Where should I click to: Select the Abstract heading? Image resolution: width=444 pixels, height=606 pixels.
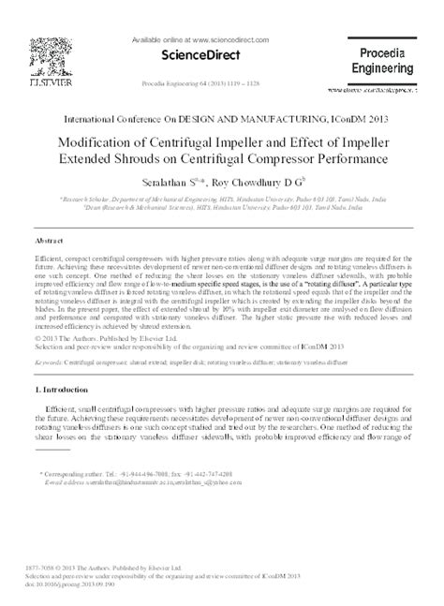(50, 240)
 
